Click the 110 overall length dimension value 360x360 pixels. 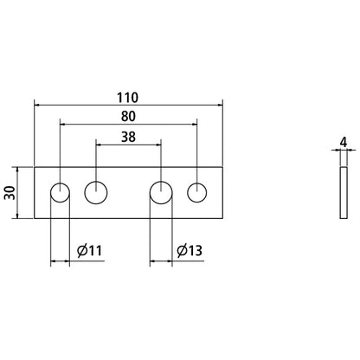pos(127,98)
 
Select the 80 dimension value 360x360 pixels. pos(128,117)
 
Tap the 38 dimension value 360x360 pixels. pos(128,137)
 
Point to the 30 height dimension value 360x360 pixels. pos(10,193)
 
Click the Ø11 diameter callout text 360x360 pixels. pos(89,250)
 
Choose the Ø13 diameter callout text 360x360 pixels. pos(190,250)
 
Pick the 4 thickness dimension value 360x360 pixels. pos(344,142)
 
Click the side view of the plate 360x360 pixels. pos(344,193)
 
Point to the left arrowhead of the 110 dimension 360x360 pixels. pos(37,105)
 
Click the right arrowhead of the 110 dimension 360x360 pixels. pos(220,105)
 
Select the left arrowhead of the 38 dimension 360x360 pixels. pos(99,145)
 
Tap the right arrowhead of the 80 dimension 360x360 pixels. pos(194,124)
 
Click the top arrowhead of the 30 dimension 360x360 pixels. pos(17,170)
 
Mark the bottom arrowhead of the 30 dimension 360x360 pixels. pos(17,215)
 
